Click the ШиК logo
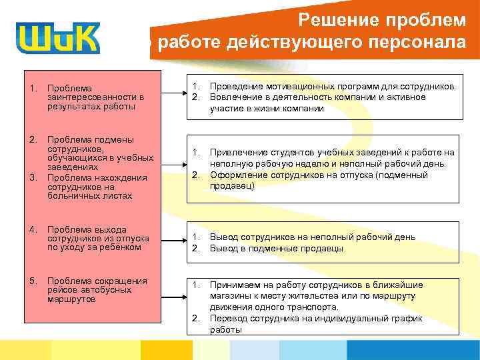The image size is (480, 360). click(59, 38)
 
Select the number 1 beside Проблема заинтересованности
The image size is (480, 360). click(32, 88)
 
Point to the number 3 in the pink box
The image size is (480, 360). click(32, 177)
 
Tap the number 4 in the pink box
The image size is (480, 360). click(32, 229)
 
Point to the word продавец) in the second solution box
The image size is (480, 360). click(233, 187)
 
